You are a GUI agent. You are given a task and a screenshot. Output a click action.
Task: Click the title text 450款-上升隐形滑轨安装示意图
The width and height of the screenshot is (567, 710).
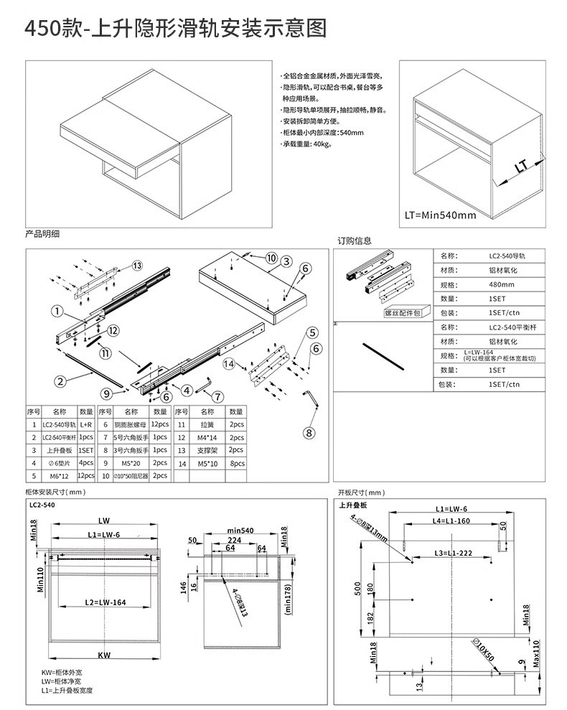point(176,28)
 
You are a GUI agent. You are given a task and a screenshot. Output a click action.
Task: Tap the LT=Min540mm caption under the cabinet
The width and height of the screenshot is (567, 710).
point(440,215)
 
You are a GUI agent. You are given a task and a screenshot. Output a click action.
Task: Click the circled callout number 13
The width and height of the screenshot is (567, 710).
point(136,265)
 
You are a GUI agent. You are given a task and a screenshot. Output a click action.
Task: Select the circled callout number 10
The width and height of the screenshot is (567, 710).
point(271,258)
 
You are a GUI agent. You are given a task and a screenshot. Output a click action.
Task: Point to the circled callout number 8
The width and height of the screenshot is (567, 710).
point(309,433)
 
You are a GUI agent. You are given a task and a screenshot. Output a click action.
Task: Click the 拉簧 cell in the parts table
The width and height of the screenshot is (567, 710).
point(207,425)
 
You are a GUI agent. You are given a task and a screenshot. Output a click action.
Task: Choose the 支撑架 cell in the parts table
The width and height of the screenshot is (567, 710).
point(207,450)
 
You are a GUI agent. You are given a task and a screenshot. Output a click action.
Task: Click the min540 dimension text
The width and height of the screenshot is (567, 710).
point(240,530)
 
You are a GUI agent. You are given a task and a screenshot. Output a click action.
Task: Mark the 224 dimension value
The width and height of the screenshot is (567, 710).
point(234,539)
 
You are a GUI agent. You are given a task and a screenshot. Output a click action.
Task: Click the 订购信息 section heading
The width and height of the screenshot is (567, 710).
point(355,240)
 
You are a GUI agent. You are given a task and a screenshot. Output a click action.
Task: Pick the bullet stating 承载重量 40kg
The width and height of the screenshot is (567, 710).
point(306,144)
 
